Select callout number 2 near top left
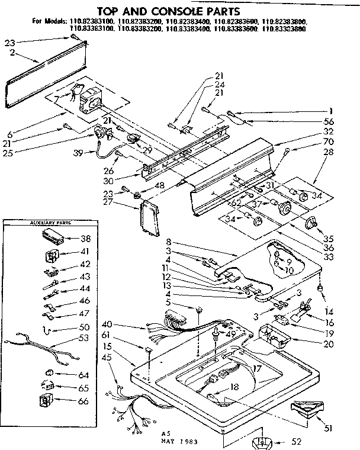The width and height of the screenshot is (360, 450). click(x=12, y=53)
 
